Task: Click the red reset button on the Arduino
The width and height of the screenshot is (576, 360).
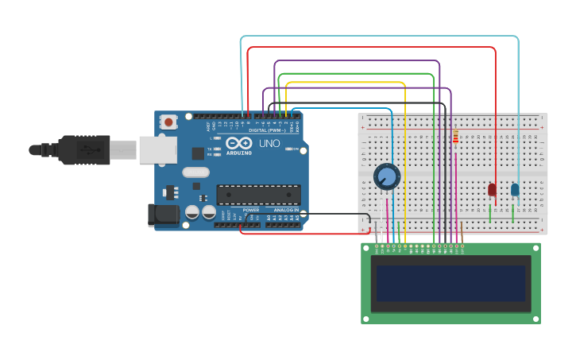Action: pyautogui.click(x=168, y=122)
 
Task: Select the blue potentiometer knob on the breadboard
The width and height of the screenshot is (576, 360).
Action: pyautogui.click(x=386, y=176)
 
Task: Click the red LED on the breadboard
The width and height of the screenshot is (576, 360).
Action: pyautogui.click(x=492, y=189)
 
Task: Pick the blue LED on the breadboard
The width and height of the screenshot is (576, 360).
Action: pyautogui.click(x=515, y=189)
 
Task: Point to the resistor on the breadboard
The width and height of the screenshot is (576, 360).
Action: pyautogui.click(x=455, y=137)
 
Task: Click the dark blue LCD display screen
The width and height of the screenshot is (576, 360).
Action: pyautogui.click(x=450, y=283)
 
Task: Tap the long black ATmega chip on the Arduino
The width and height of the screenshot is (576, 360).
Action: pyautogui.click(x=258, y=195)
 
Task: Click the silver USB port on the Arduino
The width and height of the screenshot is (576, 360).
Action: pyautogui.click(x=157, y=149)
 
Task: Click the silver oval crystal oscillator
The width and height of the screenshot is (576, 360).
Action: pyautogui.click(x=195, y=172)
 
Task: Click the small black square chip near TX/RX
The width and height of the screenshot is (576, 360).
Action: pyautogui.click(x=198, y=153)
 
